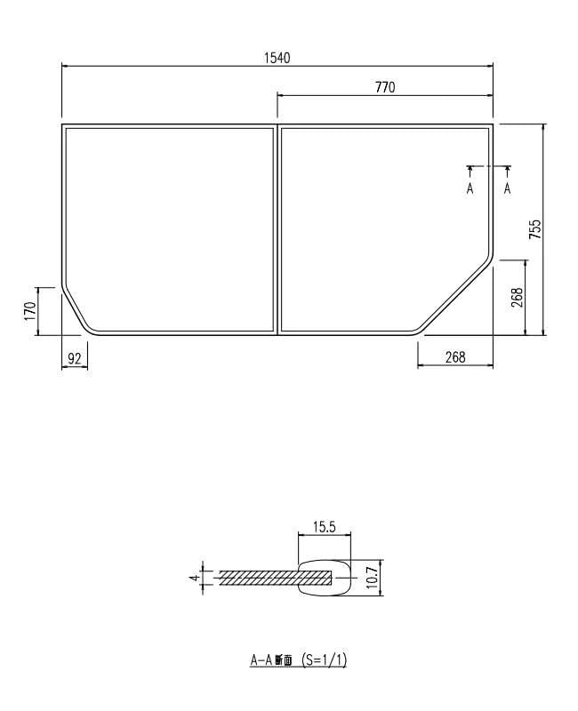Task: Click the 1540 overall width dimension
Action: coord(277,57)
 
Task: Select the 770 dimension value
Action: coord(384,86)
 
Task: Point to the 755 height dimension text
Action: coord(534,229)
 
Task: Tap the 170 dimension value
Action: coord(29,311)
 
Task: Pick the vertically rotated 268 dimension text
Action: coord(517,298)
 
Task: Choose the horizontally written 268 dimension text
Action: coord(454,357)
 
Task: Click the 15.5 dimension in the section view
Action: coord(324,527)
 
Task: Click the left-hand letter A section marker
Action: coord(470,188)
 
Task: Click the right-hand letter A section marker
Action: coord(507,188)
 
